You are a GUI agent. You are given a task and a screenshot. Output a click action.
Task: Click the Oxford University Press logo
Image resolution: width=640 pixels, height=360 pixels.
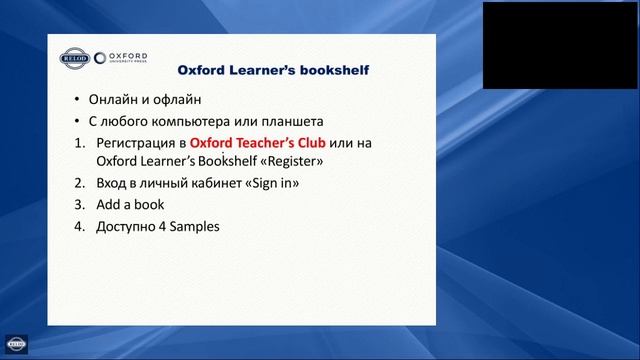[x=122, y=58]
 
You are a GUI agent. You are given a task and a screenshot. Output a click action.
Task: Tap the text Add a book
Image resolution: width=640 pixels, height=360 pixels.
[x=129, y=205]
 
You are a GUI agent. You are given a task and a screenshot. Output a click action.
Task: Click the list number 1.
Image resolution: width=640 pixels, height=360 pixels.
[x=79, y=143]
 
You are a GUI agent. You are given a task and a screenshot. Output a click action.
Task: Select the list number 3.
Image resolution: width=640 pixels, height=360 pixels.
[x=79, y=205]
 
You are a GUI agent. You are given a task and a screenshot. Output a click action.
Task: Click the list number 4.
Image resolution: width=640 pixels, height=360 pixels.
[x=79, y=227]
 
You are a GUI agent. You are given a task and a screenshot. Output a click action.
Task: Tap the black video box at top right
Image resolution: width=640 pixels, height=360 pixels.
[x=560, y=44]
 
